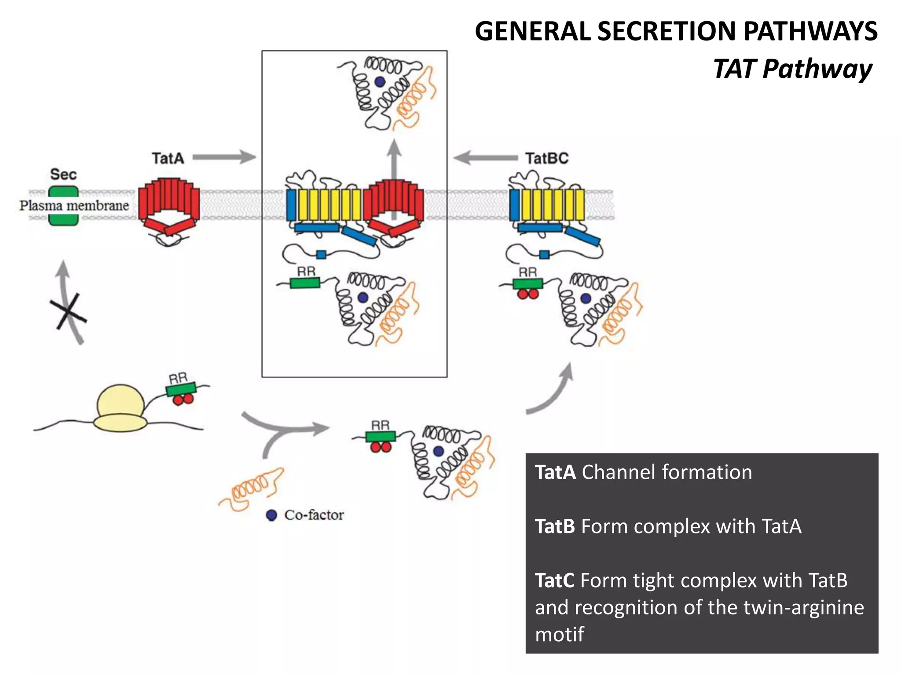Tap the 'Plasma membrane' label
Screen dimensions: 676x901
click(x=74, y=206)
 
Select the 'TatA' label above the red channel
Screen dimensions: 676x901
click(x=168, y=158)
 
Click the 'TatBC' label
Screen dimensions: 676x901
click(x=547, y=158)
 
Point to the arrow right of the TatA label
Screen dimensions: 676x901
click(x=224, y=157)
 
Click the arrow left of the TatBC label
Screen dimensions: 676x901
click(x=485, y=158)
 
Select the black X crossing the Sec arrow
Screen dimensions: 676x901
click(x=68, y=312)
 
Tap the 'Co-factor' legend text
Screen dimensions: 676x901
click(x=314, y=515)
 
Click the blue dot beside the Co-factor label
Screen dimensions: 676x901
click(x=271, y=515)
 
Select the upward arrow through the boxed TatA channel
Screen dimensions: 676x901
click(x=394, y=176)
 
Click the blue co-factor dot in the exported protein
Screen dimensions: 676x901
click(x=380, y=81)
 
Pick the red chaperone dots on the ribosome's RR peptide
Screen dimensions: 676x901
click(x=183, y=399)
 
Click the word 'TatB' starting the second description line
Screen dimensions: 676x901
click(x=555, y=526)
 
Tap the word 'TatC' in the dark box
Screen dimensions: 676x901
click(x=554, y=580)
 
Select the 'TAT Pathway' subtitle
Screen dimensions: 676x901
click(x=792, y=69)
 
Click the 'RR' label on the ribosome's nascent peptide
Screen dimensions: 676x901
click(x=178, y=378)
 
